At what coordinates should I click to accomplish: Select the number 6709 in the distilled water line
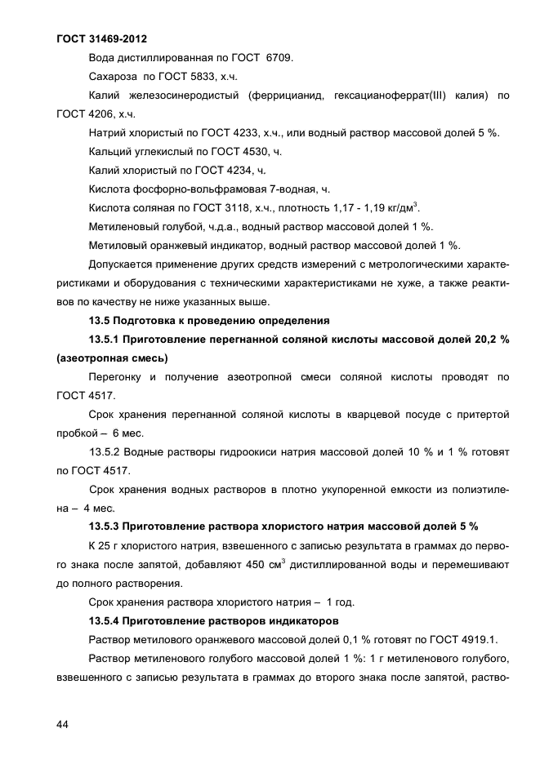[278, 59]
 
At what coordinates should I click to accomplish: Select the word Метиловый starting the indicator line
[117, 246]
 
